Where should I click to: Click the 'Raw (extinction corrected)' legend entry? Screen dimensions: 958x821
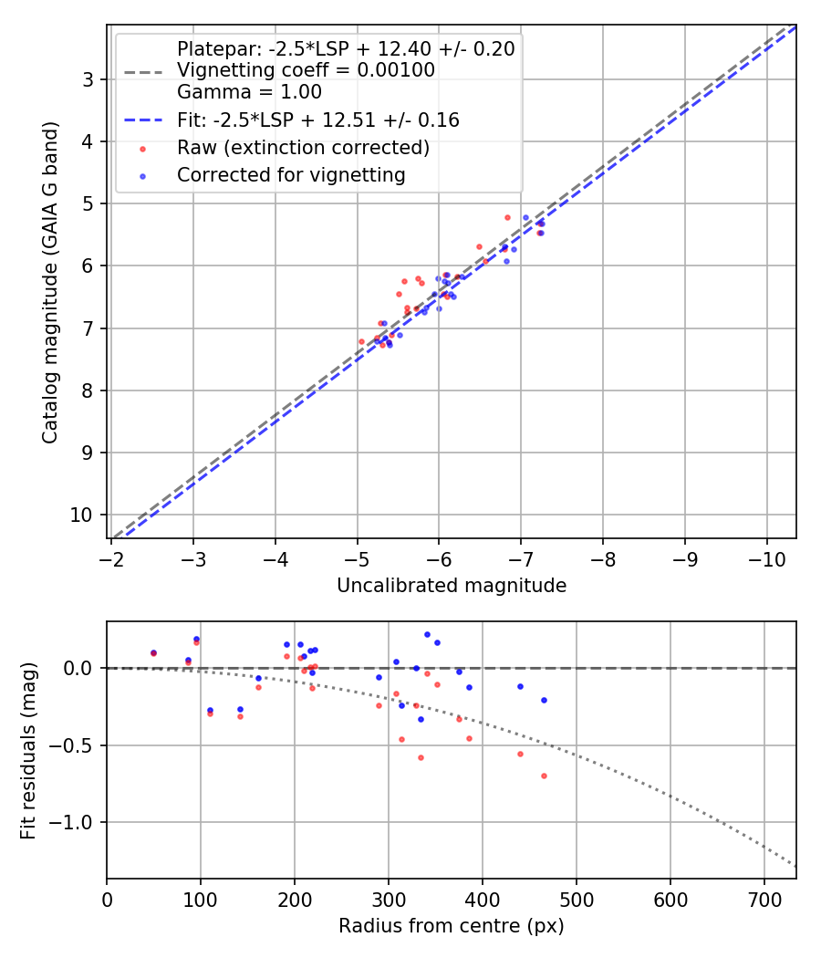click(303, 148)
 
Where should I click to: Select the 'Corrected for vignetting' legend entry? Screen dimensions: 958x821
click(291, 174)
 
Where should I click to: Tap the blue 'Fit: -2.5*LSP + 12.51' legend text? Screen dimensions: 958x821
click(317, 120)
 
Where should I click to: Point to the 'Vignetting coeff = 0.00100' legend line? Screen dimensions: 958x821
click(306, 70)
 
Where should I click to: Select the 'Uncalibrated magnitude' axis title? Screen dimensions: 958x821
click(452, 586)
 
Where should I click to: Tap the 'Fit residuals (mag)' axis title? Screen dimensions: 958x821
click(28, 750)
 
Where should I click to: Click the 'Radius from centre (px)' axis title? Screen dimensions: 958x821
click(452, 926)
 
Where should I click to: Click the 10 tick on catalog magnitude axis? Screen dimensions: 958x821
click(82, 515)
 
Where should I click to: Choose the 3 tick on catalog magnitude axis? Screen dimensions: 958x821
click(88, 79)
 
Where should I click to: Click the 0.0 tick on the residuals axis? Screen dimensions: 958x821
click(80, 669)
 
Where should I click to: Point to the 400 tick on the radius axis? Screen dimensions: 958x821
click(483, 900)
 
